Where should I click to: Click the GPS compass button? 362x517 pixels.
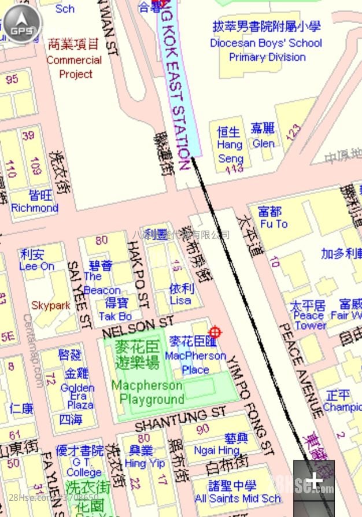pos(22,24)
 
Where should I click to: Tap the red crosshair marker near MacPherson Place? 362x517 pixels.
pos(215,332)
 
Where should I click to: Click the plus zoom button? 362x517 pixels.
pos(313,481)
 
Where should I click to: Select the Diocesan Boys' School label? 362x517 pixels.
pos(266,42)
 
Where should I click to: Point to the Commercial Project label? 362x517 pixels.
pos(74,60)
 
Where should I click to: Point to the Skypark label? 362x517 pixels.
pos(50,305)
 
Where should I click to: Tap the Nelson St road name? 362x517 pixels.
pos(138,327)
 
